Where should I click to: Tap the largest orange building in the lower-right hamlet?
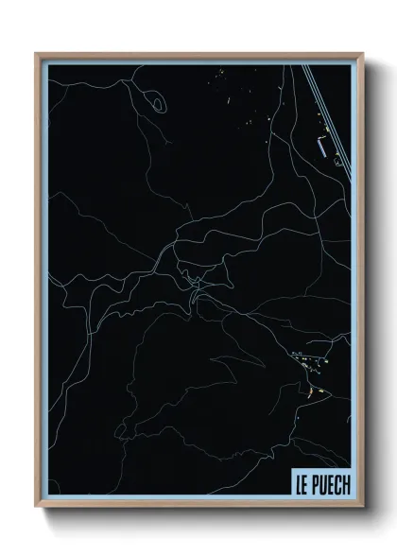click(310, 390)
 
